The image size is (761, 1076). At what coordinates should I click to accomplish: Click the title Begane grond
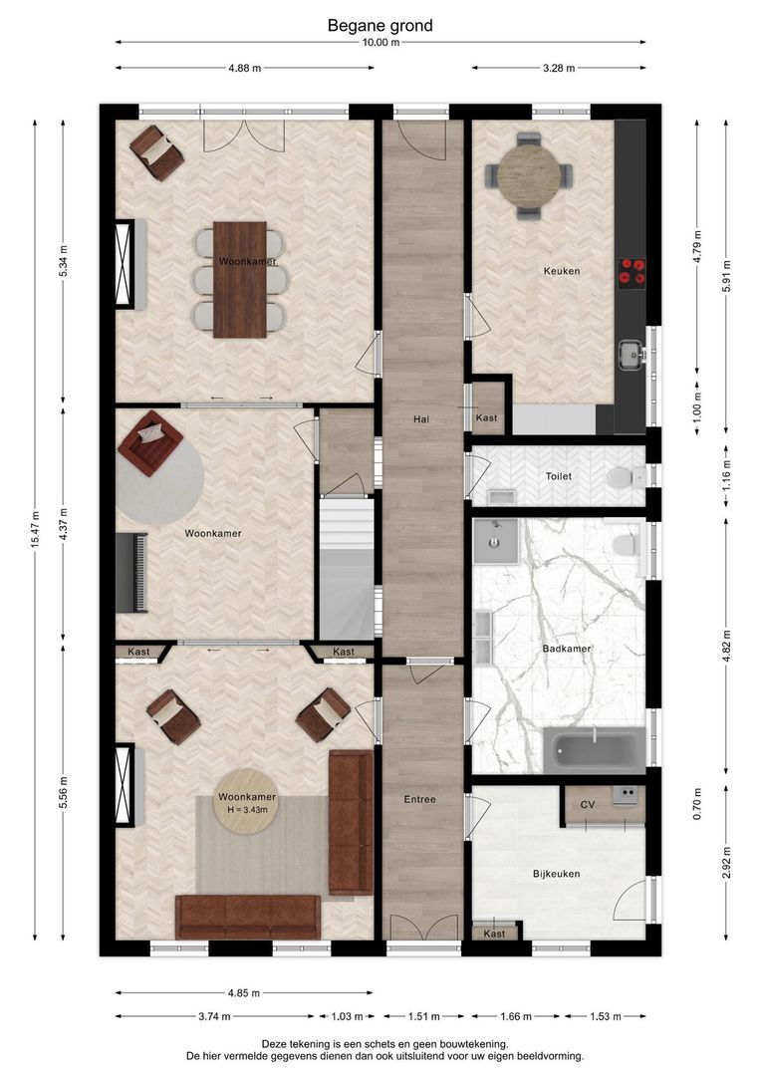380,25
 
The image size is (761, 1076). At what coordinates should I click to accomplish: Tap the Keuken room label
562,271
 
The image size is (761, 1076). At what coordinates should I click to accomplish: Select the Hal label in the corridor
421,418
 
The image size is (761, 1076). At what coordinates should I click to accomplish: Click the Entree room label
420,799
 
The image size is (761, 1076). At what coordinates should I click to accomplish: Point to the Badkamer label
566,649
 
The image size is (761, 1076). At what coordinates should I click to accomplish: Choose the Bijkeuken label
557,874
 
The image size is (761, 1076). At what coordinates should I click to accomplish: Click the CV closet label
588,804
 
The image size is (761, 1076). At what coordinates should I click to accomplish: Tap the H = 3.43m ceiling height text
247,810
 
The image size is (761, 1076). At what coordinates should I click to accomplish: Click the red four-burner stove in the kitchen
632,271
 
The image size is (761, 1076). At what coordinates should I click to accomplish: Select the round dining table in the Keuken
528,175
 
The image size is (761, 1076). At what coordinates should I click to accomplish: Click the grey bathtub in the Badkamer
595,750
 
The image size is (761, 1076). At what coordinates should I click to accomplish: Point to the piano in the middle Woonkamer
131,573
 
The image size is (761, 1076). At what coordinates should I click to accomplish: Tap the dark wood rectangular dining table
239,279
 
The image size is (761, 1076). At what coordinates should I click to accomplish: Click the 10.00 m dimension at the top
380,42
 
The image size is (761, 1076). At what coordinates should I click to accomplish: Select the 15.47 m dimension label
35,529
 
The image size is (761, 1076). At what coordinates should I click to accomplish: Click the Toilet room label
559,476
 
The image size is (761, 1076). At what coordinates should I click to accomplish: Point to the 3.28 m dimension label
559,68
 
